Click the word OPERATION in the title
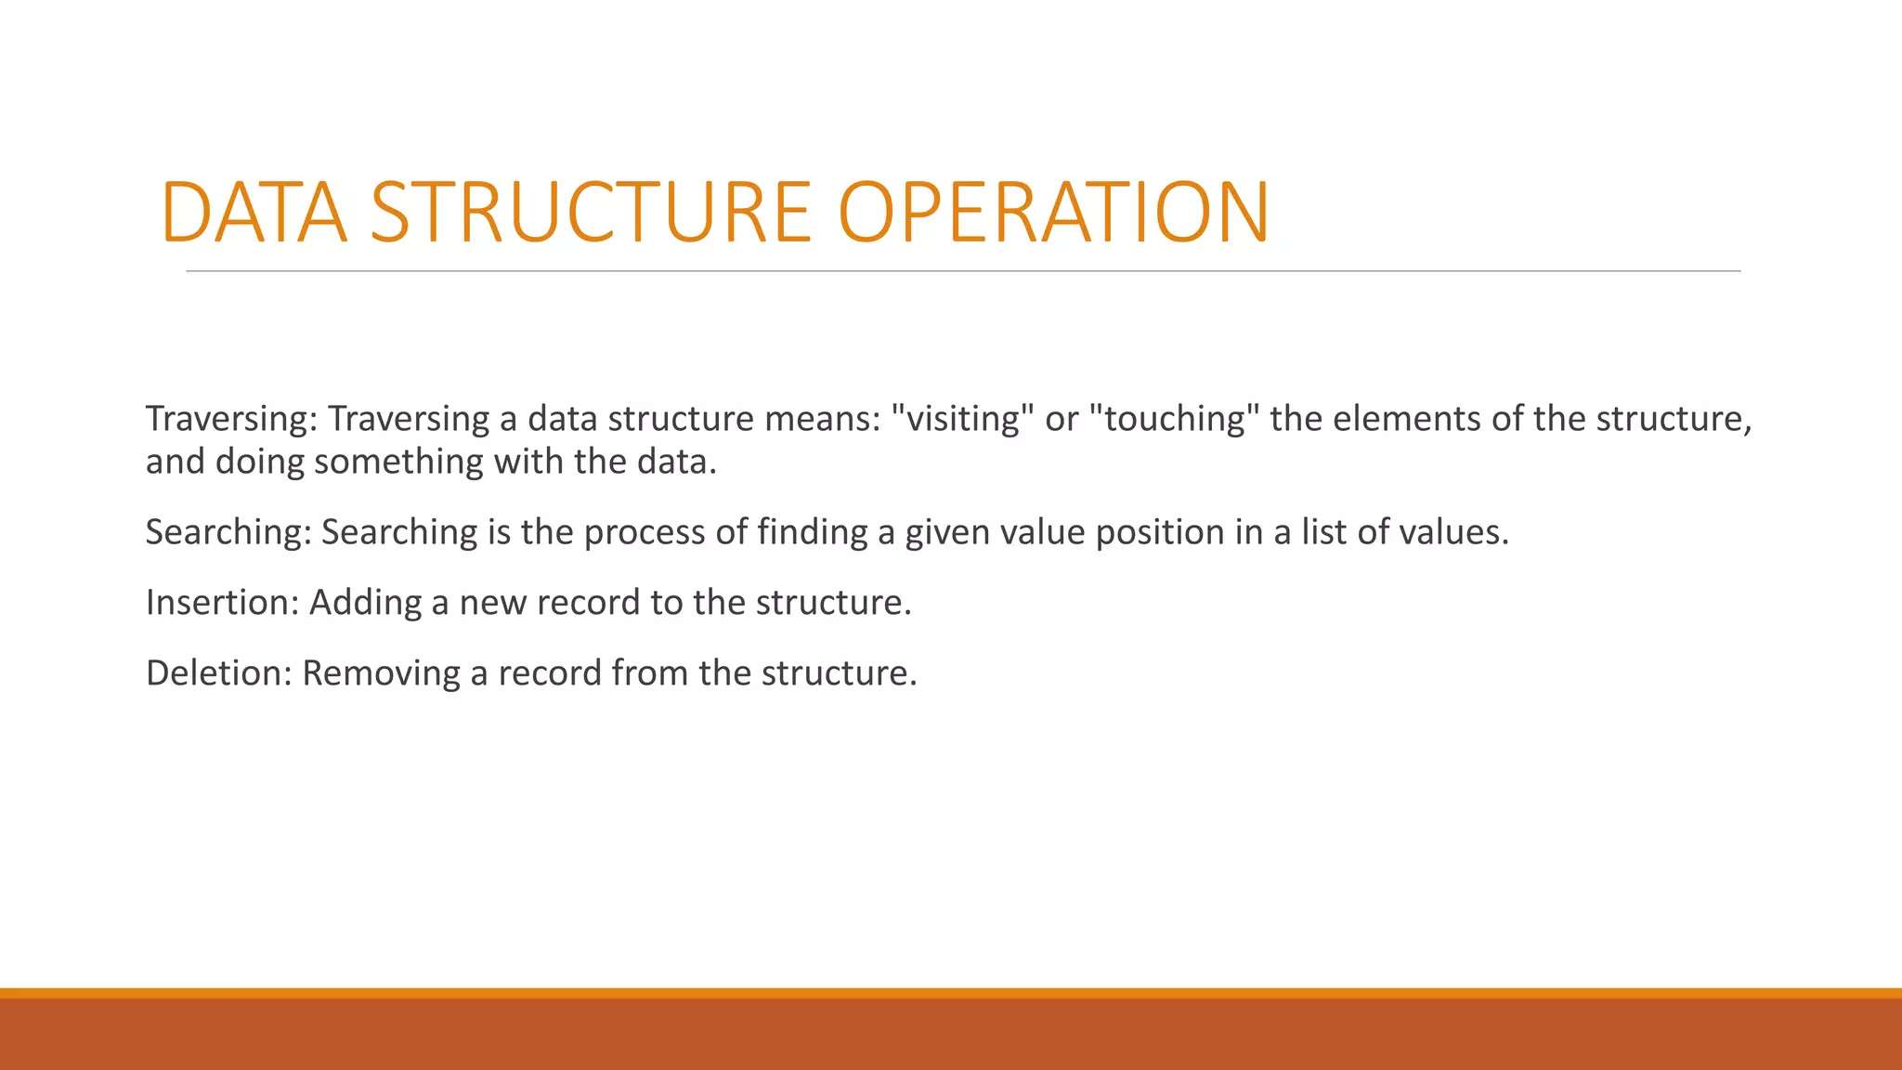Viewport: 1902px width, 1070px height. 1053,213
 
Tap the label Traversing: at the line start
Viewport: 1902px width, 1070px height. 231,420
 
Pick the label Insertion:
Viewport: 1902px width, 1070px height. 222,603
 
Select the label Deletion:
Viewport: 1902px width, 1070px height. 219,673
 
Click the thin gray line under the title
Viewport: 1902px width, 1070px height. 963,271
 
